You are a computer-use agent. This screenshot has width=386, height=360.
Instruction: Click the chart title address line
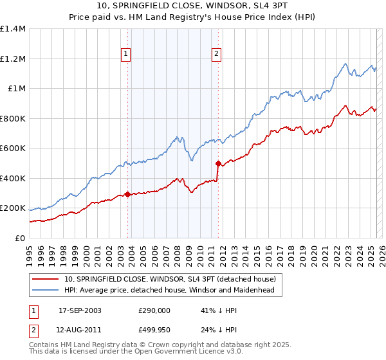(x=193, y=6)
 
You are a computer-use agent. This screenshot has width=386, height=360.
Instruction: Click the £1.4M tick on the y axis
(x=13, y=29)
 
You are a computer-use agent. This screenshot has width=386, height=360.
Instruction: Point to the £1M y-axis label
(x=16, y=89)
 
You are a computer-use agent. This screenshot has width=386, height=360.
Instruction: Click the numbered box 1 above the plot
(x=125, y=54)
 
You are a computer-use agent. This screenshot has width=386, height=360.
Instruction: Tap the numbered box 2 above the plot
(x=217, y=54)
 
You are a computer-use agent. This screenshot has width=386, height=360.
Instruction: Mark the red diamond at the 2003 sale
(x=127, y=194)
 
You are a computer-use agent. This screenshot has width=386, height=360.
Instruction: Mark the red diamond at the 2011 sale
(x=218, y=163)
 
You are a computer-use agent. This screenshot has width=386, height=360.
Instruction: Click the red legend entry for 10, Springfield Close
(x=170, y=279)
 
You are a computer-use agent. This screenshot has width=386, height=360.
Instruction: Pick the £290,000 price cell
(x=154, y=310)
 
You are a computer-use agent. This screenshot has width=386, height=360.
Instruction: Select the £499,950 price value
(x=154, y=329)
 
